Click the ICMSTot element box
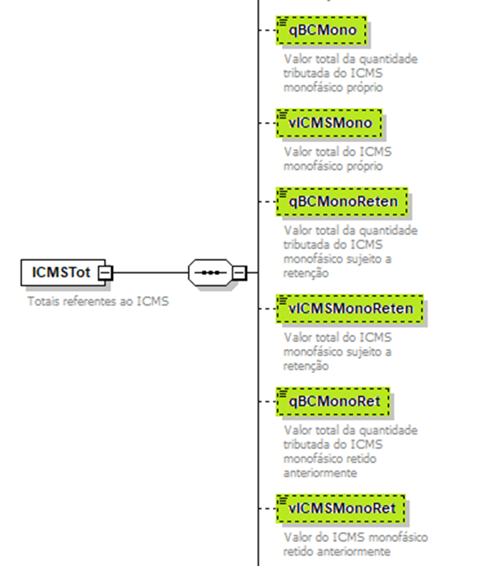63,272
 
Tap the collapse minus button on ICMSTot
105,273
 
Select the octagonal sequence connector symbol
210,272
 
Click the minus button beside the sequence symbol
239,273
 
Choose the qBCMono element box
321,31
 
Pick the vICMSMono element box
329,123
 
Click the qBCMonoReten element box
342,202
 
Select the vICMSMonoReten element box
349,309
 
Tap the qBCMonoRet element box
333,401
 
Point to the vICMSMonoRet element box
340,508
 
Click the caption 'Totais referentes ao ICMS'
98,301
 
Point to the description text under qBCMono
350,73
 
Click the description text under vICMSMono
337,158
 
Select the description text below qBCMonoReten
350,252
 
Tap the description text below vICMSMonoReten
337,351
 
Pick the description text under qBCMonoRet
350,451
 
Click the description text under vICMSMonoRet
355,545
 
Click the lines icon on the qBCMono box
283,22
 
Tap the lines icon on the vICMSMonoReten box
283,300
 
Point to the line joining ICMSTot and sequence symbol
150,272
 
